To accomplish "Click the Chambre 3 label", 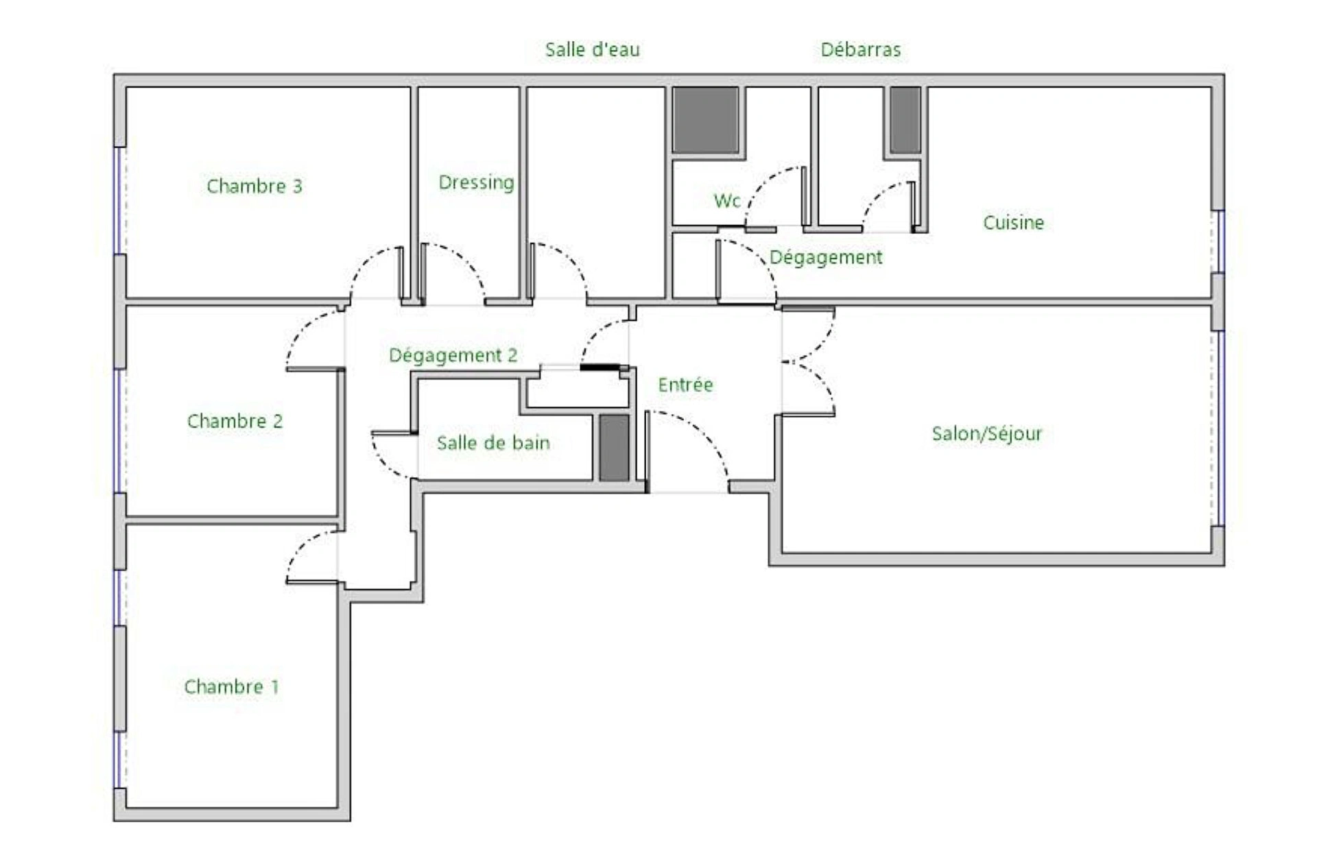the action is pos(254,186).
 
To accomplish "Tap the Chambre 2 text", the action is pos(235,420).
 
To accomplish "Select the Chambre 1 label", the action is pos(231,686).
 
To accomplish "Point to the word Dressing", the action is pos(476,183).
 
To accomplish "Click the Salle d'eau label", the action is pos(592,49).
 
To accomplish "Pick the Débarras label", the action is pos(860,49).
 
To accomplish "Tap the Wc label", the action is pos(726,200).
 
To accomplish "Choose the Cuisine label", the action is pos(1013,222).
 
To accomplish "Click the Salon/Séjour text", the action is pos(986,433).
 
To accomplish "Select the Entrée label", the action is pos(685,385).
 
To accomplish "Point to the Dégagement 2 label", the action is pos(453,355).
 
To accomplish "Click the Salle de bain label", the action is pos(493,443).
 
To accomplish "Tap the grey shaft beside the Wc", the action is pos(705,119).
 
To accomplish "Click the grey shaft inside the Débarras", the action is pos(905,119).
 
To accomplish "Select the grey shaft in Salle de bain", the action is pos(614,447).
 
